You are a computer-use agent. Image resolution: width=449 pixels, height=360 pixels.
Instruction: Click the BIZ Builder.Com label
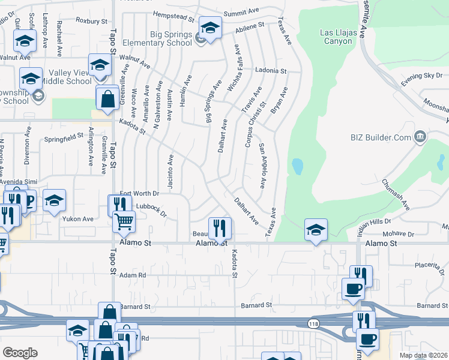pos(381,137)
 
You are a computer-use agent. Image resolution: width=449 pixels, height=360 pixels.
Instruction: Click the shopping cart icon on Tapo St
pos(124,221)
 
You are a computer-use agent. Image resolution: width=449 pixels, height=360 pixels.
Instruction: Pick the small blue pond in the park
pos(296,167)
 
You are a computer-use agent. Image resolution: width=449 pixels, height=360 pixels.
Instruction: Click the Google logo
pos(20,353)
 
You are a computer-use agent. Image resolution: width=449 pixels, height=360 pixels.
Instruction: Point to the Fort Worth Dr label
pos(139,193)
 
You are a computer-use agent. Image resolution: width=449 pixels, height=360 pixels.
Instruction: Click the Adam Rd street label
pos(133,275)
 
